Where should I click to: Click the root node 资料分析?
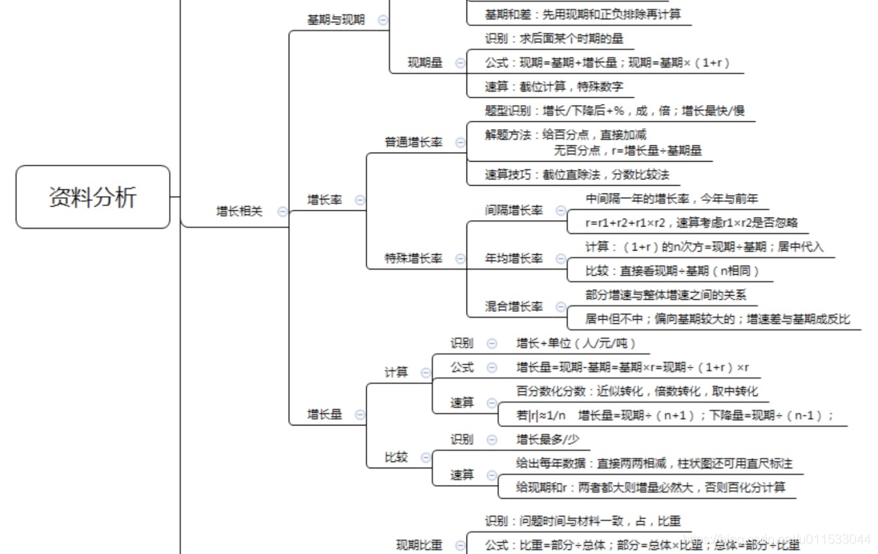93,197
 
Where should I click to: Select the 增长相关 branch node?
239,212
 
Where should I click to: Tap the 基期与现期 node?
336,20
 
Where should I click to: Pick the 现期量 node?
425,62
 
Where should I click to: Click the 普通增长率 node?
413,142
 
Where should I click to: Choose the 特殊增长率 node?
413,259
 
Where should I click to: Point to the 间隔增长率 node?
514,210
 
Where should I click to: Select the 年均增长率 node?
514,259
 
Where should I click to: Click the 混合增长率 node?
514,306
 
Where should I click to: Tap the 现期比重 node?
419,545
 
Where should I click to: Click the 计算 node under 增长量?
397,372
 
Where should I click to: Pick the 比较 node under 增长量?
397,457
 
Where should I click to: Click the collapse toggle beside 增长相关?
282,212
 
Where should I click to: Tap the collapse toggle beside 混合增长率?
560,306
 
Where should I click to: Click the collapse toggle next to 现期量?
460,62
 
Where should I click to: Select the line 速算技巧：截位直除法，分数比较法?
577,174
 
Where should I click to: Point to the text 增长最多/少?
548,439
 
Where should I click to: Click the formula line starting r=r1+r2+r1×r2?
691,223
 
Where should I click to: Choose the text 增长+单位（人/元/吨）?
576,343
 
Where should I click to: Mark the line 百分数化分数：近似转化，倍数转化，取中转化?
637,391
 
